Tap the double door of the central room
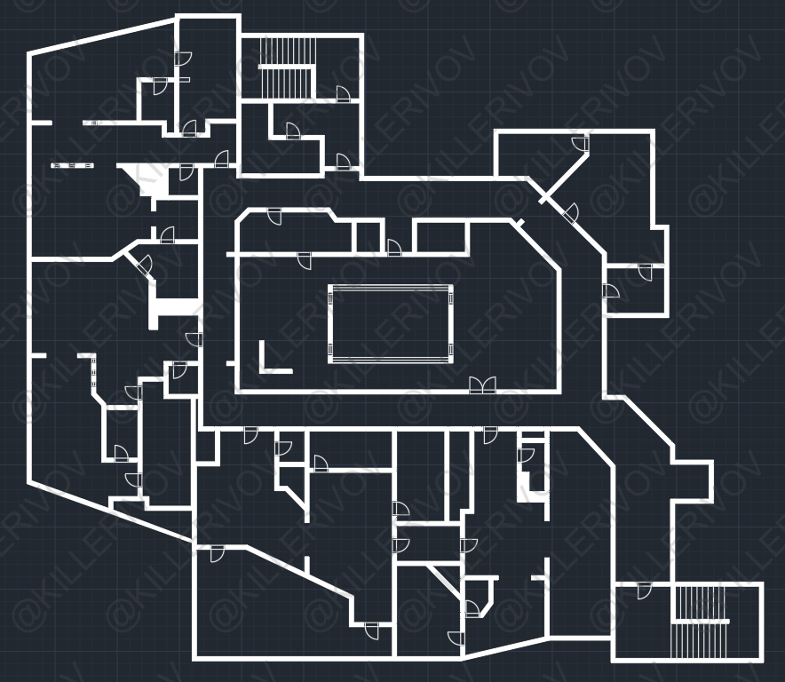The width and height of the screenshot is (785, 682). click(x=482, y=385)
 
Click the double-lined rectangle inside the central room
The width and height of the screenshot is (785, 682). click(x=391, y=323)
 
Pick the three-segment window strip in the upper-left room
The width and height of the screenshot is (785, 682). click(x=72, y=165)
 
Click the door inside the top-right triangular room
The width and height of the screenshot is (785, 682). click(x=581, y=145)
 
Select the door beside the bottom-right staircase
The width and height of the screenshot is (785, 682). click(x=644, y=591)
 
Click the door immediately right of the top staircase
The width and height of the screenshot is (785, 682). click(x=343, y=94)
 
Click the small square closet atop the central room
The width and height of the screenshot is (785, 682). click(x=369, y=237)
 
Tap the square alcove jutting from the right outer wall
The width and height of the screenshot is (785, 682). click(x=693, y=481)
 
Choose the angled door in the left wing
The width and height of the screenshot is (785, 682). click(x=143, y=264)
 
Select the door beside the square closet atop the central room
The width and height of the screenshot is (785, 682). click(x=393, y=247)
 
